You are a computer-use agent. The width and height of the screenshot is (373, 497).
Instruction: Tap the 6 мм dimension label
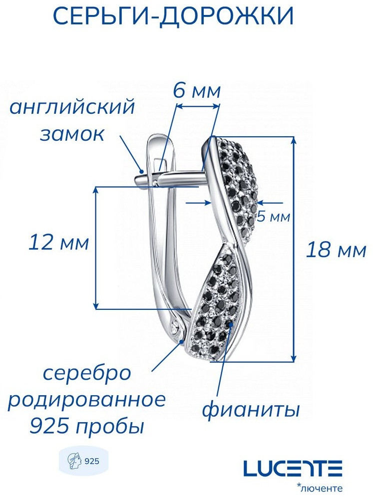(197, 91)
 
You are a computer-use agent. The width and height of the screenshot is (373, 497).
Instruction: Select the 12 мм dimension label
(59, 243)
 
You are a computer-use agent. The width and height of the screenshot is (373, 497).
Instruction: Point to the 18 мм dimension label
(336, 250)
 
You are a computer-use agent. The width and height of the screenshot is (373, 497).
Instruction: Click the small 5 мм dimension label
(273, 217)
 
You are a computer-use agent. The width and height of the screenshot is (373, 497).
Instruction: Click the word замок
(72, 135)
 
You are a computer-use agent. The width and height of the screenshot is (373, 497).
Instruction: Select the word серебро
(86, 375)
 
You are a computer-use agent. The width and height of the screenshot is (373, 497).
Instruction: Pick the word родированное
(86, 400)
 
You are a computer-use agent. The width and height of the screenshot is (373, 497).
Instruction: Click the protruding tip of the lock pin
(139, 180)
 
